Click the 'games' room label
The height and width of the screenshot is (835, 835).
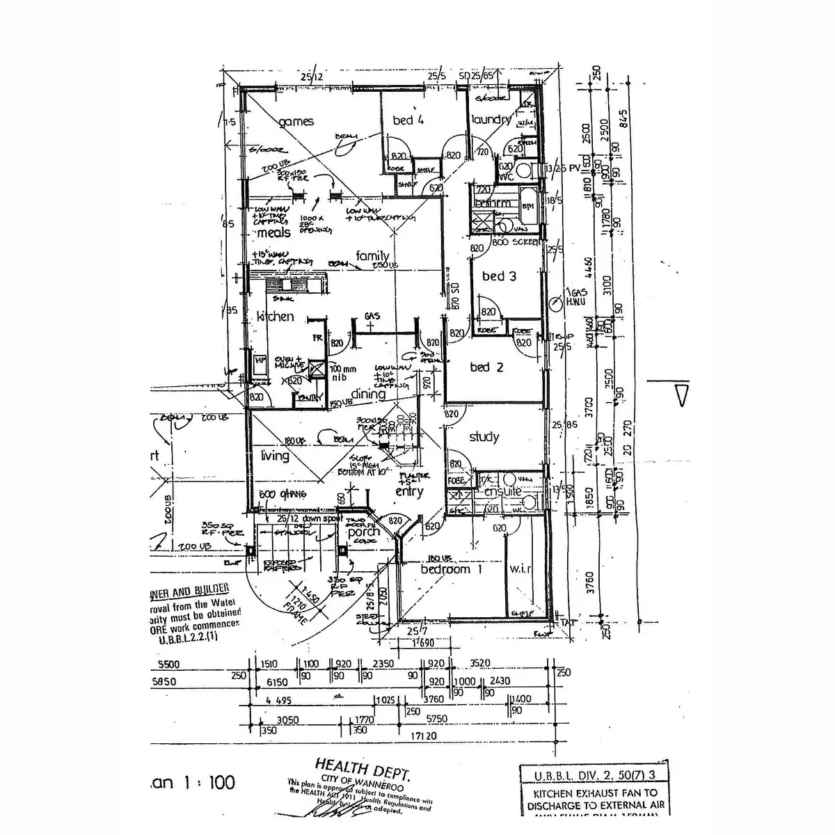(x=296, y=122)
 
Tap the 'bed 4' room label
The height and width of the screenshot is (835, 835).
(x=408, y=120)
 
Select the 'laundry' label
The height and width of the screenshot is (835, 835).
(x=491, y=120)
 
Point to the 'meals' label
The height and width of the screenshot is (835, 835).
(x=273, y=232)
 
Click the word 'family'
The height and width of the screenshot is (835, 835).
(x=372, y=255)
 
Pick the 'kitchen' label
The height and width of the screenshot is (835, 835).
(x=275, y=316)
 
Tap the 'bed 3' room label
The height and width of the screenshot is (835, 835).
(x=499, y=276)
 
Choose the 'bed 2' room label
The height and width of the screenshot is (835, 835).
(x=486, y=367)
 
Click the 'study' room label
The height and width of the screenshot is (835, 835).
(x=484, y=437)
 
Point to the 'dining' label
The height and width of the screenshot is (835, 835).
(x=368, y=394)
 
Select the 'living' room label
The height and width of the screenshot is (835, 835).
(x=274, y=456)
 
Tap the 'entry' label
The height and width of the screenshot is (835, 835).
(x=409, y=492)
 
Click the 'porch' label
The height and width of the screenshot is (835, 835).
(x=364, y=532)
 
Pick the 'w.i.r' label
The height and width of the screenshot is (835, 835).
(x=520, y=569)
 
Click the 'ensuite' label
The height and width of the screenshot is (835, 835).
(x=502, y=492)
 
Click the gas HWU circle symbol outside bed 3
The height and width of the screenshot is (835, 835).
(x=555, y=303)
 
